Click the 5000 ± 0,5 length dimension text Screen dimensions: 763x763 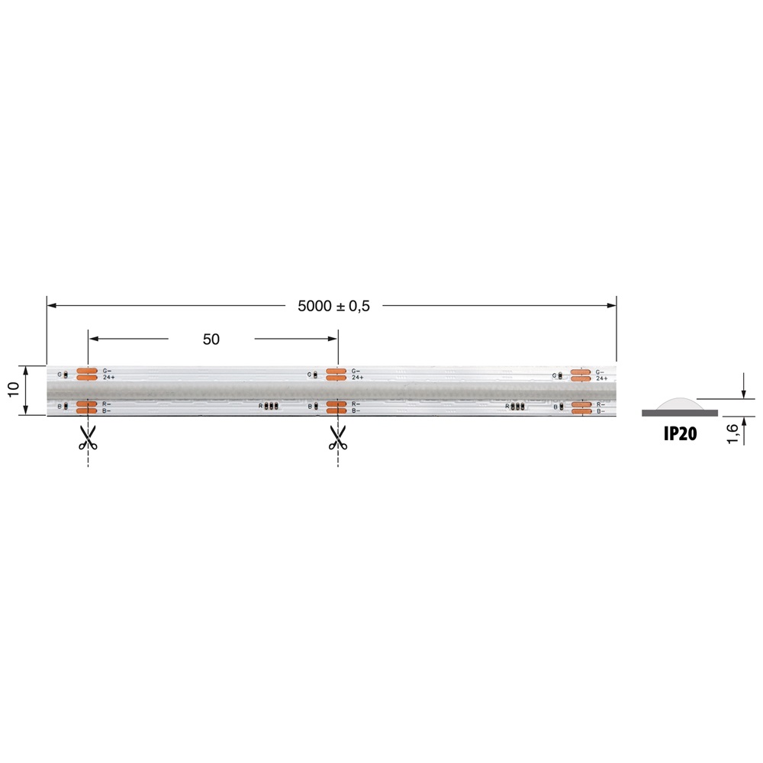coord(333,306)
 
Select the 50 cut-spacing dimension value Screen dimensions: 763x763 coord(211,340)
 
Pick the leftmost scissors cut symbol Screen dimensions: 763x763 coord(88,437)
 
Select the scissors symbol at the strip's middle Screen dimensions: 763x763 coord(337,437)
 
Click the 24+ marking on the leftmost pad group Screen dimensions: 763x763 coord(108,378)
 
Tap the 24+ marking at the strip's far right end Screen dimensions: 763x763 coord(602,378)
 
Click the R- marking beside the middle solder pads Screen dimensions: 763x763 coord(356,403)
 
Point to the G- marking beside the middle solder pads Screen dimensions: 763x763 coord(356,371)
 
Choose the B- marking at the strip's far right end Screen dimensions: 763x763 coord(601,410)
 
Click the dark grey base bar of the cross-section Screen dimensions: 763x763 coord(680,413)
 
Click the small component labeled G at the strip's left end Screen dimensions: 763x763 coord(65,375)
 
